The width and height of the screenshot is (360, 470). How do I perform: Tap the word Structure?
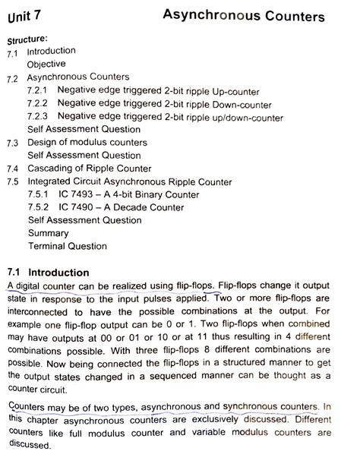coord(28,37)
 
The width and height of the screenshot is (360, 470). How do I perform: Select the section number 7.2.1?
coord(39,90)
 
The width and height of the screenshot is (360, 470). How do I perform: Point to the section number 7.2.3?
coord(39,116)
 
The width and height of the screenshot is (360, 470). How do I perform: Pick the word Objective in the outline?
coord(46,65)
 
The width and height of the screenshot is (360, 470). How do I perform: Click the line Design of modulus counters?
coord(87,142)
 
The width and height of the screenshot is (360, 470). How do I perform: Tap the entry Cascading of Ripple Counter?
coord(89,168)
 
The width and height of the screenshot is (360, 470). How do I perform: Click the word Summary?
coord(48,233)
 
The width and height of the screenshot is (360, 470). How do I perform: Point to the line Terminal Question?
coord(67,246)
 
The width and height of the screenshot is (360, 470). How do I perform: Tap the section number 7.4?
coord(12,169)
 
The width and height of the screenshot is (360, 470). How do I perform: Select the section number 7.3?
coord(12,143)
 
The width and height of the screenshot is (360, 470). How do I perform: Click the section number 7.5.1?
coord(39,194)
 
